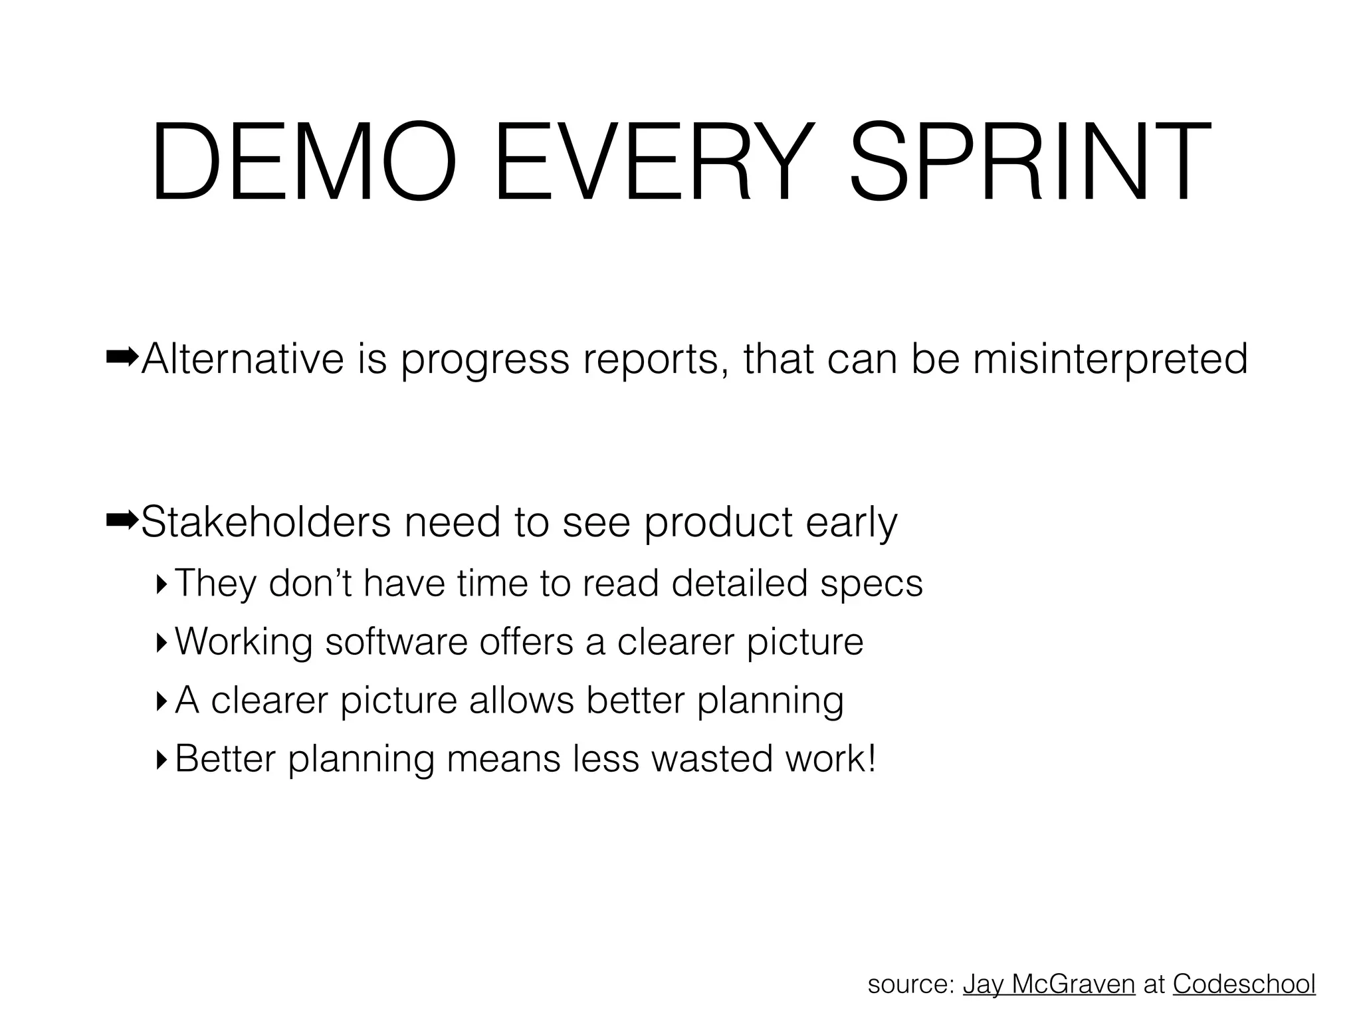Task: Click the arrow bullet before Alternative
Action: coord(122,358)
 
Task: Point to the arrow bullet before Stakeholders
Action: coord(122,521)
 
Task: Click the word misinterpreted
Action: coord(1110,360)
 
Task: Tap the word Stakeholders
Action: coord(266,522)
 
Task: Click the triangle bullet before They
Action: coord(161,584)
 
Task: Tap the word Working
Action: coord(244,643)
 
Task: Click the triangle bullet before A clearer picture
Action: coord(161,701)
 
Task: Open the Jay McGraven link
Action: coord(1049,984)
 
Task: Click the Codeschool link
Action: coord(1244,984)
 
